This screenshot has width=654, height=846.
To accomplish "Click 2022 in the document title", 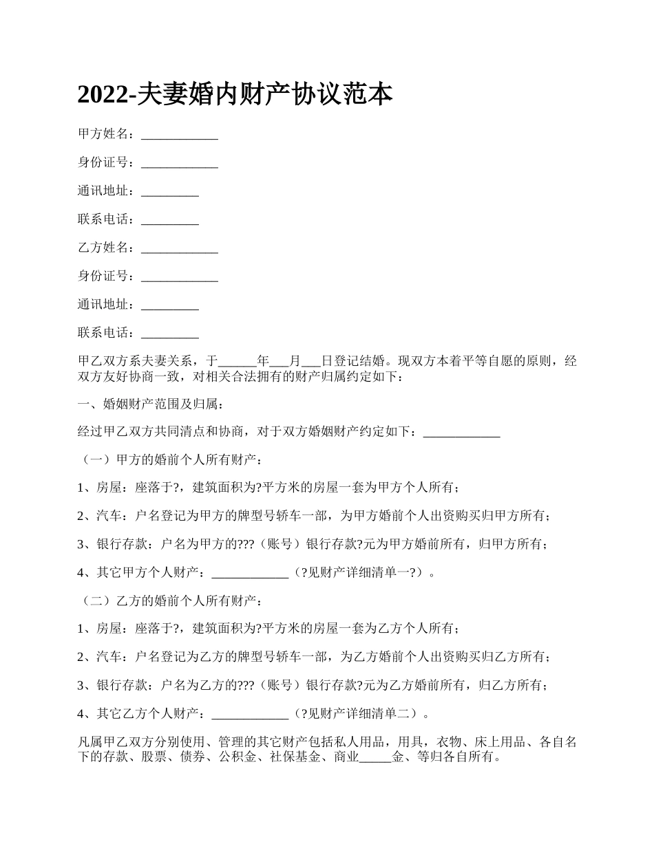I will tap(103, 95).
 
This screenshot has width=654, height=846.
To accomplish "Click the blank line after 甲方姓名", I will tap(179, 134).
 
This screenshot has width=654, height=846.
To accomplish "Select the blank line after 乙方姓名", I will tap(179, 248).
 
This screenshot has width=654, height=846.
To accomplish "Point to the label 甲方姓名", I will tap(103, 134).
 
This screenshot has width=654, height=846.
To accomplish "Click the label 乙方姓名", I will tap(103, 248).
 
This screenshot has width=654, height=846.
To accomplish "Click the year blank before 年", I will tap(237, 360).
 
